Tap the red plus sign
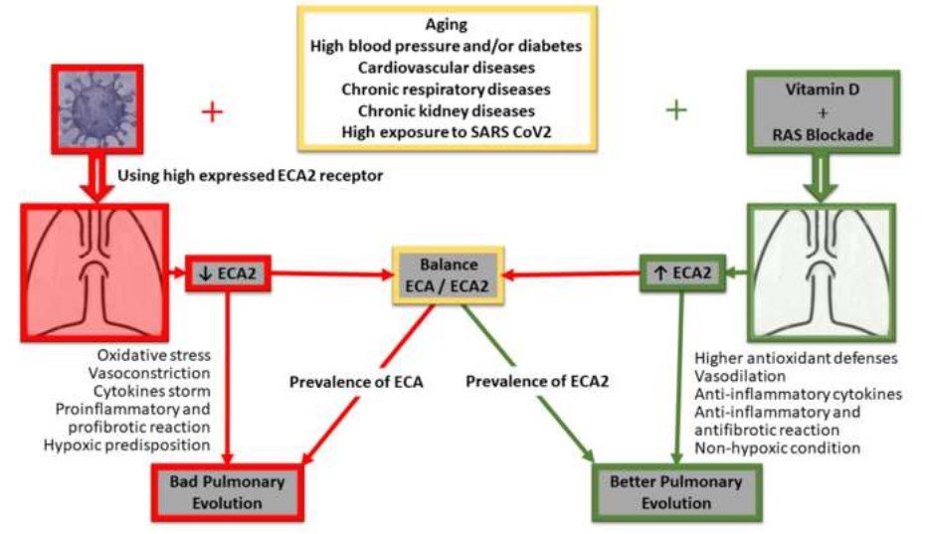pyautogui.click(x=212, y=110)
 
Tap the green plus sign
pyautogui.click(x=676, y=110)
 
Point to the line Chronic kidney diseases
pyautogui.click(x=447, y=109)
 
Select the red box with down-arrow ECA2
pyautogui.click(x=230, y=271)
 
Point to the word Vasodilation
pyautogui.click(x=740, y=376)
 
